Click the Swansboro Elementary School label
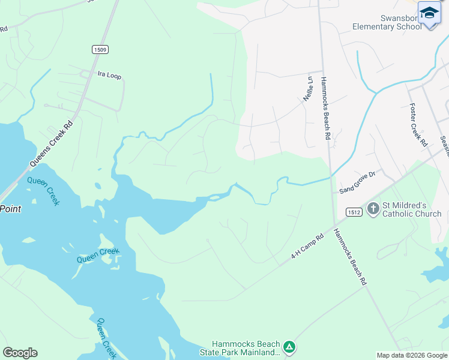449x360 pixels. point(387,22)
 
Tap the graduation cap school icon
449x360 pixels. point(429,13)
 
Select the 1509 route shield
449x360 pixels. point(100,49)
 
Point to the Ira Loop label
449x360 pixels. point(109,75)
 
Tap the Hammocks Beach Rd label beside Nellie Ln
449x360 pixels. point(325,109)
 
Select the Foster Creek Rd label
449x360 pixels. point(418,125)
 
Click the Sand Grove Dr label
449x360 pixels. point(357,182)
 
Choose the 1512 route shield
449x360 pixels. point(353,211)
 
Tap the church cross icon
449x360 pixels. point(373,209)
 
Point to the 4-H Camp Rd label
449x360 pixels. point(307,246)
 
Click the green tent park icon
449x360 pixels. point(289,347)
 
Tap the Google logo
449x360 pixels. point(20,353)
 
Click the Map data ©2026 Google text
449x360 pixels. point(412,355)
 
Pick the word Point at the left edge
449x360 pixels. point(10,209)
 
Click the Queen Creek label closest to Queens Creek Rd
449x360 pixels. point(44,191)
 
